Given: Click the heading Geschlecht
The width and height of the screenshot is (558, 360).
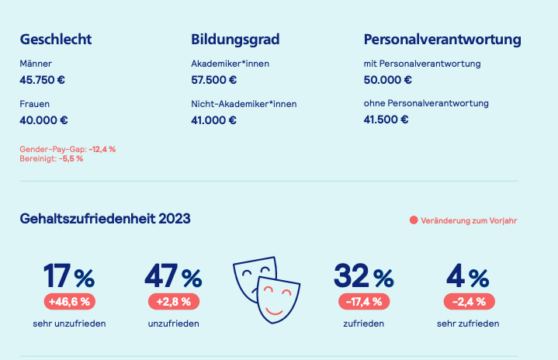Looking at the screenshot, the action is point(56,39).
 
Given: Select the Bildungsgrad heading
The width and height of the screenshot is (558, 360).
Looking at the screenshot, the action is point(235,40).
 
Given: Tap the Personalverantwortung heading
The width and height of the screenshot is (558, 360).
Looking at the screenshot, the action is point(442,40).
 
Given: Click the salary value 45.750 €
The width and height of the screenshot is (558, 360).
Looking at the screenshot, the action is point(43,80).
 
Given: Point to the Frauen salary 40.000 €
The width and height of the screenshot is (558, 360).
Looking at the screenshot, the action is point(43,120).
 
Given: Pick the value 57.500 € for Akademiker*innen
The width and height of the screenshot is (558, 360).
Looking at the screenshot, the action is point(214,80).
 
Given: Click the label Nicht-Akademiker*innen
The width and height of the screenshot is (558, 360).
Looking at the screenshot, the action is point(244,104).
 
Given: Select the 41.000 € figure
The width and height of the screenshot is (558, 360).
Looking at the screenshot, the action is point(213,120).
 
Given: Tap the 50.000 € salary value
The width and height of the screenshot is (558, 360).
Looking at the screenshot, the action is point(387,80).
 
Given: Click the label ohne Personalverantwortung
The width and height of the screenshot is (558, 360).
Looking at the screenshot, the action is point(426,103).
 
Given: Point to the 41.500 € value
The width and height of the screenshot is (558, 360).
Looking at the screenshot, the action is point(386,119).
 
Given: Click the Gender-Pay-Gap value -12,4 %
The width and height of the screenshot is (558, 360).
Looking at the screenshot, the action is point(102,150).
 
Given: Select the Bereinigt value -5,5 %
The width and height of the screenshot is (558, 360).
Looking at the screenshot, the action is point(71,158).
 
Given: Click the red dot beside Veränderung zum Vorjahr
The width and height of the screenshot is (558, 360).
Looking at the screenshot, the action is point(414,220).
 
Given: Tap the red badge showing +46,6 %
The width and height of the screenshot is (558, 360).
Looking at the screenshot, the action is point(70,302).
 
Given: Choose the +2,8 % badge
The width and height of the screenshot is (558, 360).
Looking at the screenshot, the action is point(174,302).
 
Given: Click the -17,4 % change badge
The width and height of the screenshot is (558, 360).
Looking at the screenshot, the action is point(364,302).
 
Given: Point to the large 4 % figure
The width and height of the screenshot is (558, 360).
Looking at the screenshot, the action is point(468,275).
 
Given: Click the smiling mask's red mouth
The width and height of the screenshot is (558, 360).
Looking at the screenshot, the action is point(274,312).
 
